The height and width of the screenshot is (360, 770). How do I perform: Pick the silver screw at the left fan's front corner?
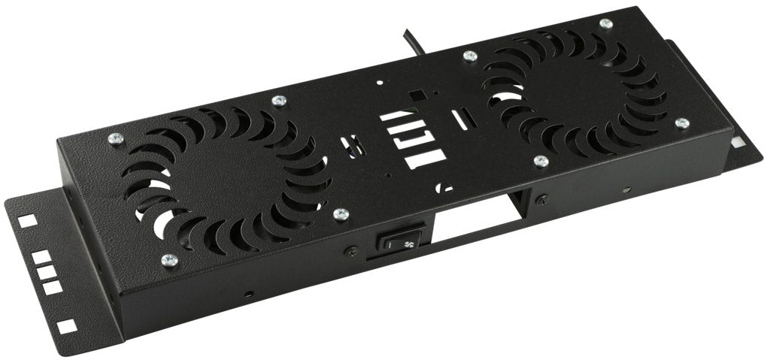click(168, 260)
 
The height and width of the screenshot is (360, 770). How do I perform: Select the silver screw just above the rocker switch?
click(339, 215)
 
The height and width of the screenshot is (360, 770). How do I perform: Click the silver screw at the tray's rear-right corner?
click(606, 24)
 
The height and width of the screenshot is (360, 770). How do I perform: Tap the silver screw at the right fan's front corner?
click(540, 160)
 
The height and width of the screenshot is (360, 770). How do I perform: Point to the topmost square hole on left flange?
click(28, 220)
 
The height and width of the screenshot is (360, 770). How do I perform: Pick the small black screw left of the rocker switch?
click(348, 252)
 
